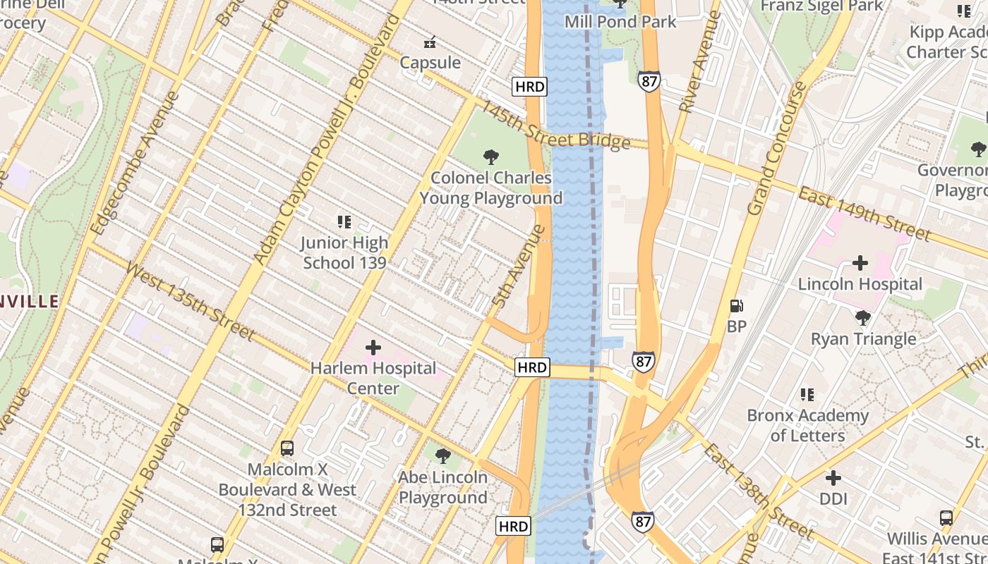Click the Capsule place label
tap(430, 63)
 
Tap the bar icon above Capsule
tap(429, 42)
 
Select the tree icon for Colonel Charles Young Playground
tap(490, 157)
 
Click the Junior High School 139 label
tap(344, 252)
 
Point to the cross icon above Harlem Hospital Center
tap(373, 348)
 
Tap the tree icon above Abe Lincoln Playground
tap(443, 455)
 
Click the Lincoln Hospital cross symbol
tap(860, 263)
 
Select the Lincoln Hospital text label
tap(860, 284)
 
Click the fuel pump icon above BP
tap(736, 306)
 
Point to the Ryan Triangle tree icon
tap(862, 318)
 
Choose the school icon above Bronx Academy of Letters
tap(807, 395)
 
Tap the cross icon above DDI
tap(833, 478)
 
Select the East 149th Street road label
tap(864, 212)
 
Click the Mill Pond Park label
tap(620, 22)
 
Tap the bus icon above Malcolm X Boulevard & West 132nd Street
tap(287, 448)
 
